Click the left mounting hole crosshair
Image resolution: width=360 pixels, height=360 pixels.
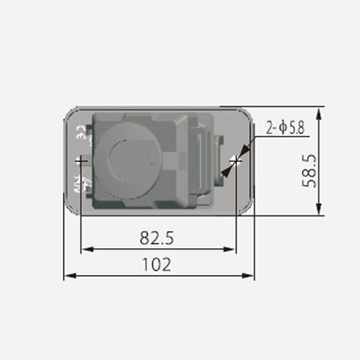pos(80,161)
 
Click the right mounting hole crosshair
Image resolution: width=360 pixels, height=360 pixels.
pos(235,161)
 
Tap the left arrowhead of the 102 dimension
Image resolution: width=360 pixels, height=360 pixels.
pos(69,276)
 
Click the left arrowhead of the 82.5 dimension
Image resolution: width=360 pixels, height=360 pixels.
pos(85,250)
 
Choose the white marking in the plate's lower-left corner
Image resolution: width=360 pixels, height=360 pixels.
pos(81,185)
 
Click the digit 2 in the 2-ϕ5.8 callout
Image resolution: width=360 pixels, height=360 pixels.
pos(269,128)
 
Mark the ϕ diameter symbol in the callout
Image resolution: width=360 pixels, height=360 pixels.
pos(282,128)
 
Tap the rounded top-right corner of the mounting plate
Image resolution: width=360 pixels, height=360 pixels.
pos(247,114)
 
